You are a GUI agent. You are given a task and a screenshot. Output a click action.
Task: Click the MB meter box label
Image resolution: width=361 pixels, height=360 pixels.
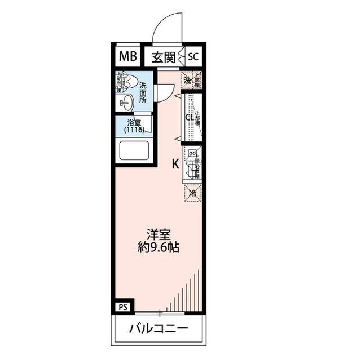(x=127, y=56)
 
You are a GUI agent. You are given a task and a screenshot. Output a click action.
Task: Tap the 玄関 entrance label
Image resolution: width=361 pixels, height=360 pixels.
(x=163, y=56)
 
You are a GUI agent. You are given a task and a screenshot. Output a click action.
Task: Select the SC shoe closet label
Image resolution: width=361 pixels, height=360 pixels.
(x=193, y=56)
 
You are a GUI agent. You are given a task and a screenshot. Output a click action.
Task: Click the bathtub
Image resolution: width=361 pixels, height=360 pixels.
(x=135, y=150)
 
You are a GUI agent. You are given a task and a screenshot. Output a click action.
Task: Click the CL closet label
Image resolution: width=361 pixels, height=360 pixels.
(x=190, y=117)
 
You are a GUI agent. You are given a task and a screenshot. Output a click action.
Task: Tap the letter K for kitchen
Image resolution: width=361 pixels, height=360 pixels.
(x=176, y=164)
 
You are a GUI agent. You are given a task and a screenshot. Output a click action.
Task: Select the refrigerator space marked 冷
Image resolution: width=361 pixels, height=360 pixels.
(x=192, y=193)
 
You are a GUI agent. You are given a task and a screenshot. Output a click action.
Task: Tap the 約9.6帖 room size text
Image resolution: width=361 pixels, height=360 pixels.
(x=158, y=247)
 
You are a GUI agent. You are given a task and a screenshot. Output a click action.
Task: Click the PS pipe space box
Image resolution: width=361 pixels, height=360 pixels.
(x=124, y=306)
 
